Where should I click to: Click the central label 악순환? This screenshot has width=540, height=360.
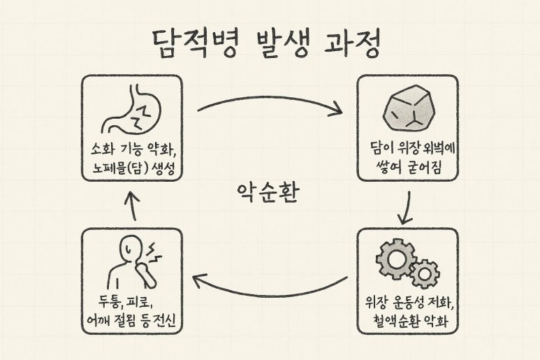tap(270, 189)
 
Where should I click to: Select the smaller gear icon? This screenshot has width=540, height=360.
tap(424, 273)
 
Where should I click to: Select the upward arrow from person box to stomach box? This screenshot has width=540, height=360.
tap(133, 206)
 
